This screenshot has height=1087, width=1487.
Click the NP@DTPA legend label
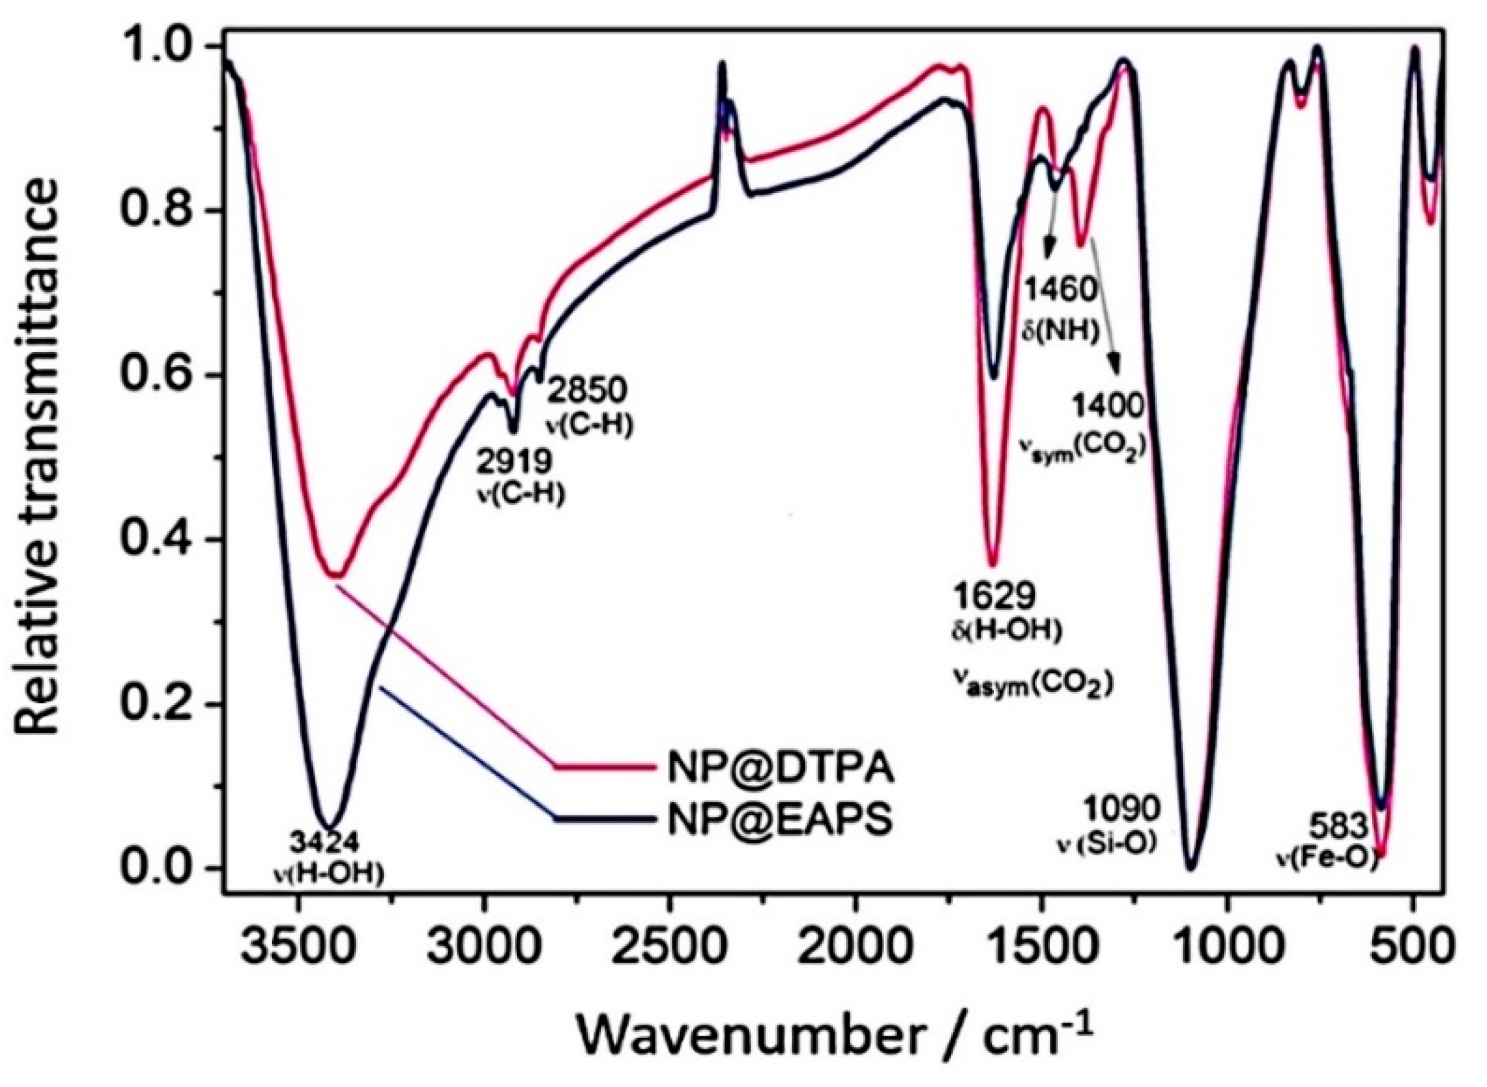click(x=780, y=768)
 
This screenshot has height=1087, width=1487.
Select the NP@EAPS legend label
click(x=780, y=819)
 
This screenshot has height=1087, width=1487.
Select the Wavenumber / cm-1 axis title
click(x=832, y=1036)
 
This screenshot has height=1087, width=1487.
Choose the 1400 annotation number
click(x=1107, y=407)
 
